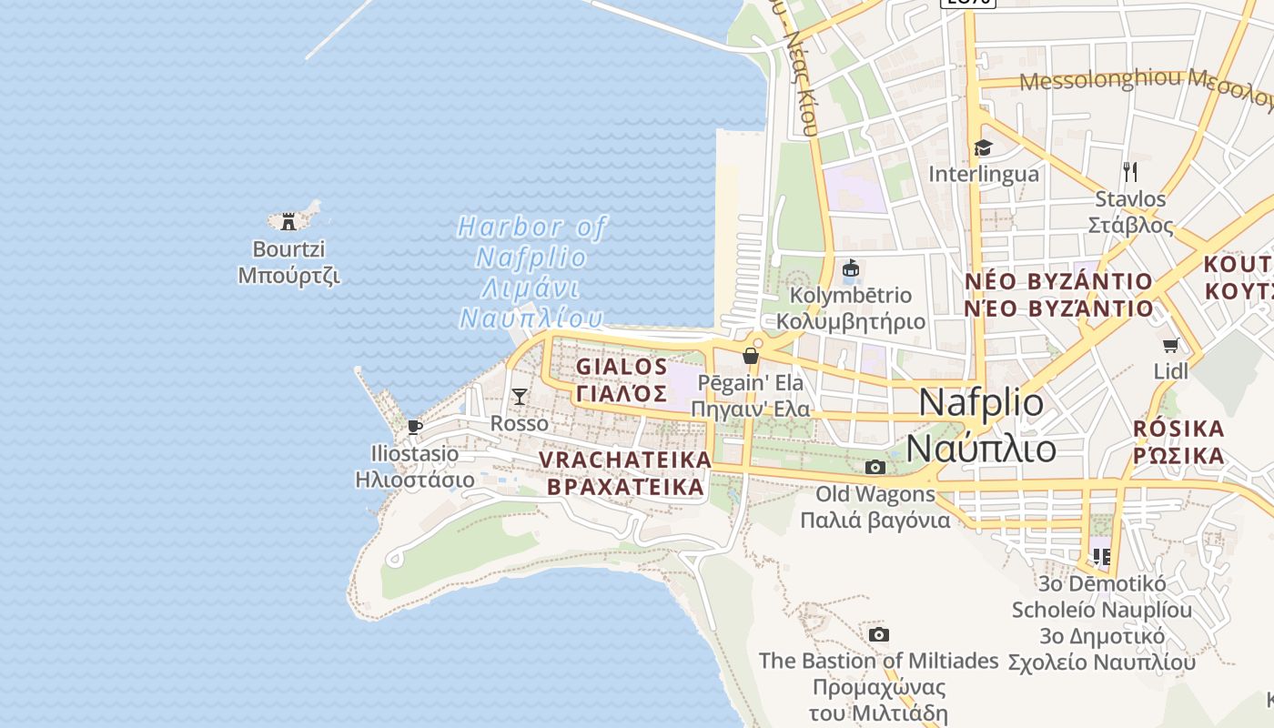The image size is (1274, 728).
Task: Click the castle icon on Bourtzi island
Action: click(288, 221)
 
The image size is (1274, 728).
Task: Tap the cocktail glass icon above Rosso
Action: click(520, 396)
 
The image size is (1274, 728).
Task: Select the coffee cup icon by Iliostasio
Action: click(415, 427)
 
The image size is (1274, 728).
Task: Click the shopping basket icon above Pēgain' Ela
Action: click(751, 356)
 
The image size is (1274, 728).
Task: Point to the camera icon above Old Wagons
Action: click(875, 467)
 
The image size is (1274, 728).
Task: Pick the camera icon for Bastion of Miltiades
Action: click(878, 634)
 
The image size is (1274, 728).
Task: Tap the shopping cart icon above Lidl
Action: click(1171, 345)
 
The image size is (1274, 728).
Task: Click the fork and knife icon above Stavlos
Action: click(1130, 171)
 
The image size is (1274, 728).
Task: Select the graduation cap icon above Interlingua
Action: click(983, 147)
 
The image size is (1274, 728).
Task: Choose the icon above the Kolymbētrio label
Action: click(851, 268)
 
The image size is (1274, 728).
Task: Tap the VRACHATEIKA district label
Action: click(625, 460)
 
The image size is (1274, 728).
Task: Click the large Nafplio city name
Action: click(982, 402)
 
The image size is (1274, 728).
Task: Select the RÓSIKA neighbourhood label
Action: click(1178, 430)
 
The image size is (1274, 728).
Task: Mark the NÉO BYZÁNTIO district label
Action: click(1059, 281)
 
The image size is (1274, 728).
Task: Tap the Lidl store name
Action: click(1171, 370)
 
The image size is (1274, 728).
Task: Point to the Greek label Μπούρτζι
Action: click(288, 275)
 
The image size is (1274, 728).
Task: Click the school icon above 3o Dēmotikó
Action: click(1102, 555)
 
